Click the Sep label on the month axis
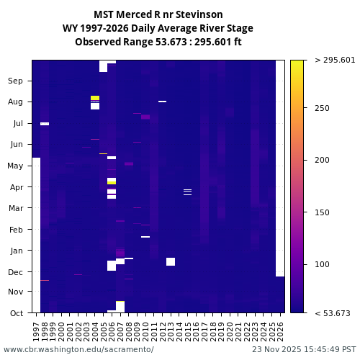pyautogui.click(x=16, y=81)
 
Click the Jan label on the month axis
pyautogui.click(x=16, y=251)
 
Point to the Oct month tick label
pyautogui.click(x=16, y=313)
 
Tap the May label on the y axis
pyautogui.click(x=16, y=166)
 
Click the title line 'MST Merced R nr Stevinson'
pyautogui.click(x=158, y=14)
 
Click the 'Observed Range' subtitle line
pyautogui.click(x=158, y=42)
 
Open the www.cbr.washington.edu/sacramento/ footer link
pyautogui.click(x=78, y=349)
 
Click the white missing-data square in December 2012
pyautogui.click(x=171, y=261)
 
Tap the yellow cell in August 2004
pyautogui.click(x=95, y=98)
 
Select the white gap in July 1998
pyautogui.click(x=45, y=124)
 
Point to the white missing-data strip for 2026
pyautogui.click(x=280, y=166)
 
